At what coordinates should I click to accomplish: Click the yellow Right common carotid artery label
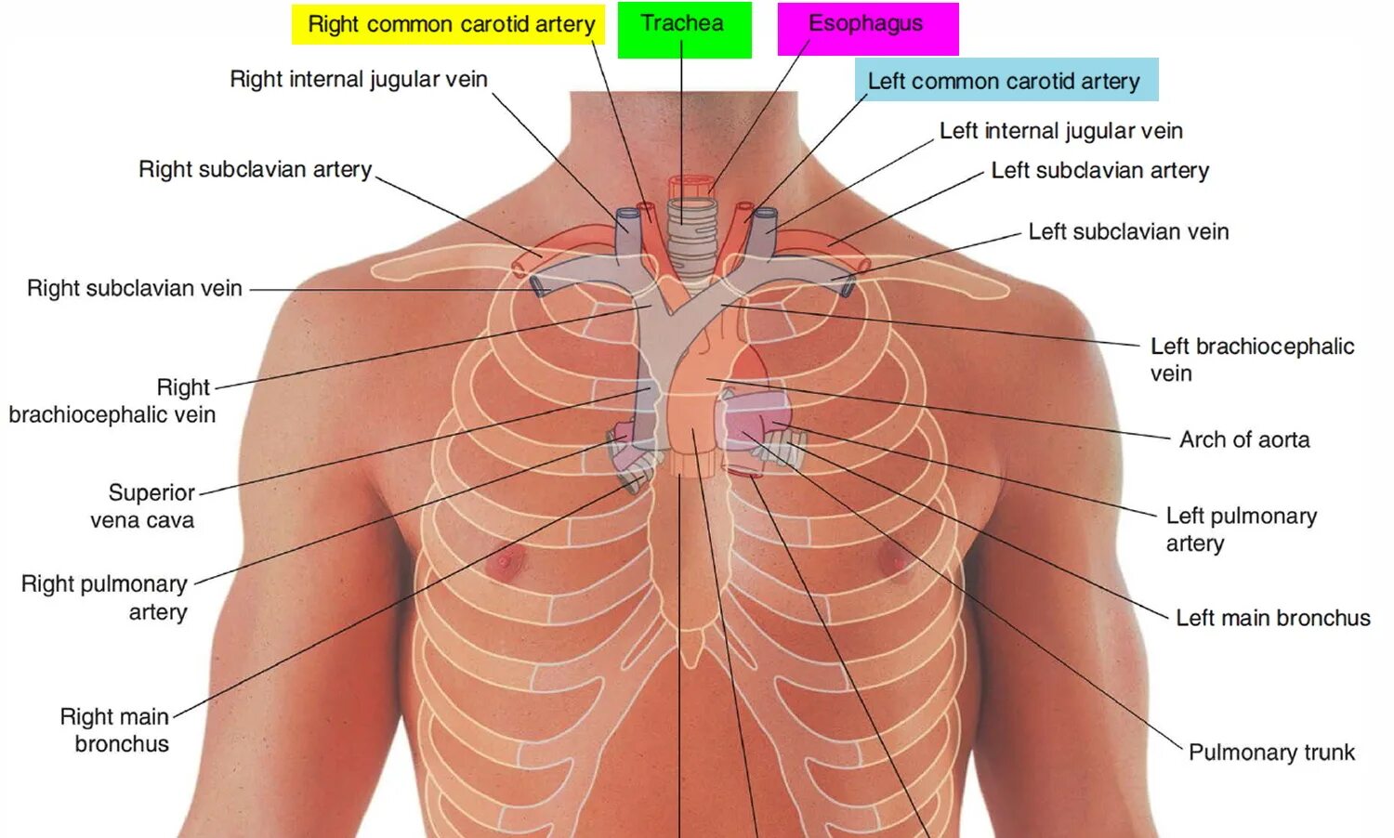(451, 24)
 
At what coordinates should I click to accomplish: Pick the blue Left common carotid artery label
(1004, 81)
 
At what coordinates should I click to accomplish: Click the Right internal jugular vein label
(359, 79)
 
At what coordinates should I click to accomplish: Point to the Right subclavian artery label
(256, 169)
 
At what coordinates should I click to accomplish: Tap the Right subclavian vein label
(135, 288)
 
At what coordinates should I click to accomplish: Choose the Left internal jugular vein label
(1061, 131)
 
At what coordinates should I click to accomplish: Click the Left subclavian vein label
(1128, 231)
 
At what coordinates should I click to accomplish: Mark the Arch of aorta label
(1244, 439)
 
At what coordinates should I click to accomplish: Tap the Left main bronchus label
(1273, 618)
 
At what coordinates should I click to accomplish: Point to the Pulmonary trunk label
(1271, 753)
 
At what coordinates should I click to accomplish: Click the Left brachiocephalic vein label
(1251, 359)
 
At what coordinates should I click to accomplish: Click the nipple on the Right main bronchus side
(507, 559)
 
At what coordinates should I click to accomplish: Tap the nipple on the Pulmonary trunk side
(895, 558)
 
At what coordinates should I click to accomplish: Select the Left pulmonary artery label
(1241, 529)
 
